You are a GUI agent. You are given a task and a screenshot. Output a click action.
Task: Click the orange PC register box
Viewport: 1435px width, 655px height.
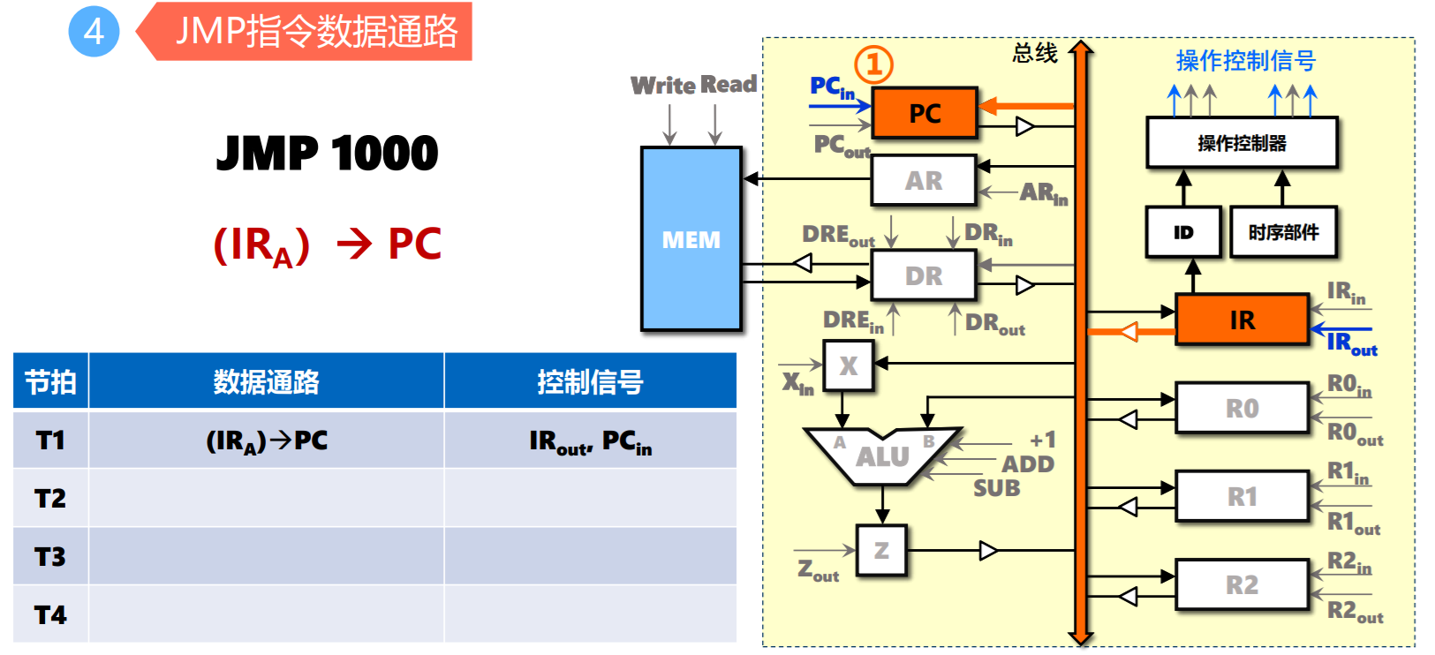pos(924,113)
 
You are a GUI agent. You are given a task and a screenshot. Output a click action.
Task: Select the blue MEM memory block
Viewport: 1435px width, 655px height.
pos(691,239)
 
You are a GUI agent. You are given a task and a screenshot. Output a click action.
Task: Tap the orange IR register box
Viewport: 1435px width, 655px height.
pos(1241,320)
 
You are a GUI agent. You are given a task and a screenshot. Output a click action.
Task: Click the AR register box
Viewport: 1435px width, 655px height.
pos(923,180)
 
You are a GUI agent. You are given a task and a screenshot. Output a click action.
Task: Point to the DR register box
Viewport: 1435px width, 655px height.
pos(923,275)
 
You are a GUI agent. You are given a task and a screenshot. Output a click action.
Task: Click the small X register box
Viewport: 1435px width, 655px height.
pos(848,365)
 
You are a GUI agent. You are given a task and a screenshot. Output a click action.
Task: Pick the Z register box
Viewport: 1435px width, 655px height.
pos(880,551)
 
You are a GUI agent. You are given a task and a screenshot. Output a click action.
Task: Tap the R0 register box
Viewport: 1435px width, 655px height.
pos(1241,408)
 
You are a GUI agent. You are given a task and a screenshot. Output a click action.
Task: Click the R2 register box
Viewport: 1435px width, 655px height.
pos(1241,584)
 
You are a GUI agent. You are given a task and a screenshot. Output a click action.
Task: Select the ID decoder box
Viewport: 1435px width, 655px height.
pos(1182,232)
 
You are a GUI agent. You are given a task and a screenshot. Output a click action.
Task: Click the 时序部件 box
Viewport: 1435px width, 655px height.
pos(1282,232)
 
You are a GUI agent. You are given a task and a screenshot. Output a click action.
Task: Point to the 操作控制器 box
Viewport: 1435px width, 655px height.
pos(1241,143)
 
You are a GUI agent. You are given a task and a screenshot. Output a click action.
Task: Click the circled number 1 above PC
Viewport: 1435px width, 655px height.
pos(873,64)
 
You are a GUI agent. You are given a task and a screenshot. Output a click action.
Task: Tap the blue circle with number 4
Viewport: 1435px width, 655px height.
pos(94,32)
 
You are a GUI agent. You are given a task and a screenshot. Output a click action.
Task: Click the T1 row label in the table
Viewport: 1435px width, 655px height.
pos(50,440)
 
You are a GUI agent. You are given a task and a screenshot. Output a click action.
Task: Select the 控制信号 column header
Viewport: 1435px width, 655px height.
pos(590,381)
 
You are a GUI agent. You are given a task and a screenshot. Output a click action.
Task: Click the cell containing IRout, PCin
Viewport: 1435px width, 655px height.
pos(590,440)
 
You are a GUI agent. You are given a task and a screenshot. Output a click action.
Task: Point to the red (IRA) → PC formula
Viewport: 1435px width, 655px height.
pos(327,245)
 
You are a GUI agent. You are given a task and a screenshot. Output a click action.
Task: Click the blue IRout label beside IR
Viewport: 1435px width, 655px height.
pos(1351,343)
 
